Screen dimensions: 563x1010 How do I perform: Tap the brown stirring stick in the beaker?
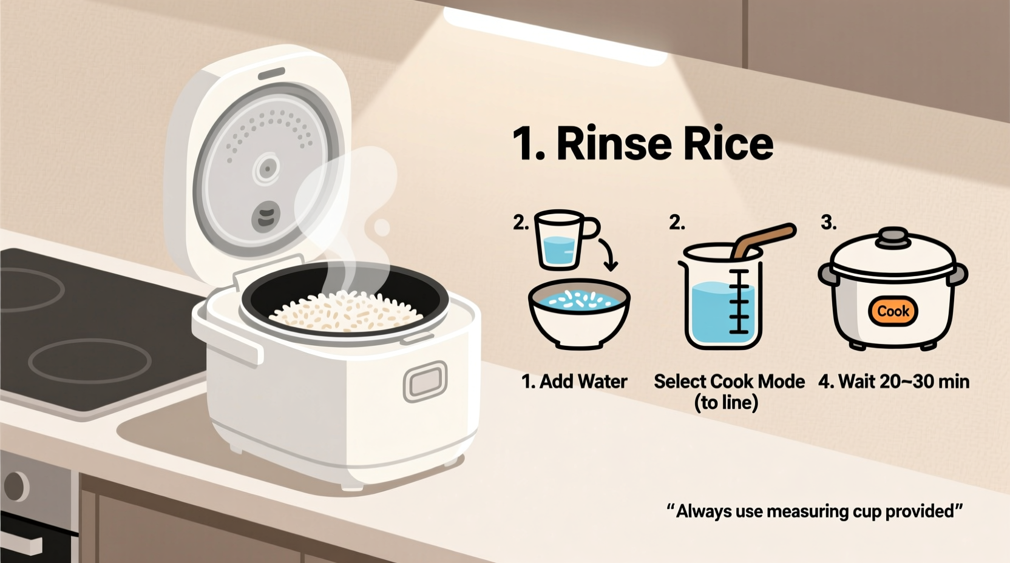pyautogui.click(x=762, y=240)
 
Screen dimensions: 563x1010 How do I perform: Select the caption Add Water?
pyautogui.click(x=574, y=382)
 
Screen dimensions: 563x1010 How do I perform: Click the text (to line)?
pyautogui.click(x=726, y=402)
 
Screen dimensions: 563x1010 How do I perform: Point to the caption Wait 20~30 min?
pyautogui.click(x=893, y=382)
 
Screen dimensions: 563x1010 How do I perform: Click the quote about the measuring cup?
pyautogui.click(x=815, y=511)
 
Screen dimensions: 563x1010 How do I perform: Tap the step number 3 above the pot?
pyautogui.click(x=828, y=223)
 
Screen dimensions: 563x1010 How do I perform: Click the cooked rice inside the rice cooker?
pyautogui.click(x=346, y=311)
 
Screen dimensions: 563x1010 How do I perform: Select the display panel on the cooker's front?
pyautogui.click(x=425, y=382)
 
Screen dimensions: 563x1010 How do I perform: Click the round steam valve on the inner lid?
pyautogui.click(x=266, y=169)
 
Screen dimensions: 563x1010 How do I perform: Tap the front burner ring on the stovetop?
pyautogui.click(x=90, y=360)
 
